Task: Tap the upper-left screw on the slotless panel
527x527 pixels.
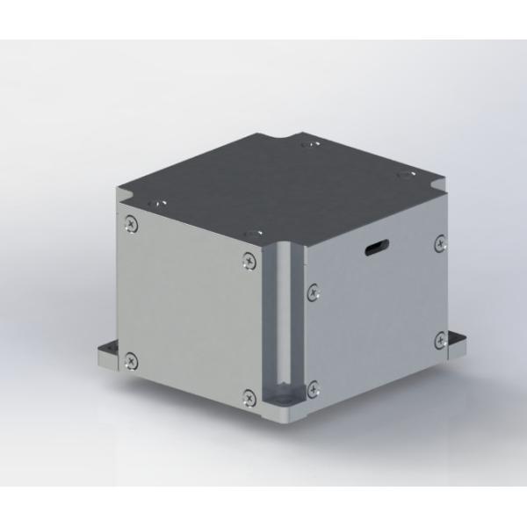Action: point(130,222)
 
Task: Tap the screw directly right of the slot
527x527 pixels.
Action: point(438,242)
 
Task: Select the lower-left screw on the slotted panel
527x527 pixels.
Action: point(314,384)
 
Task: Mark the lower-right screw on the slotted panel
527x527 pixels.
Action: point(439,338)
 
